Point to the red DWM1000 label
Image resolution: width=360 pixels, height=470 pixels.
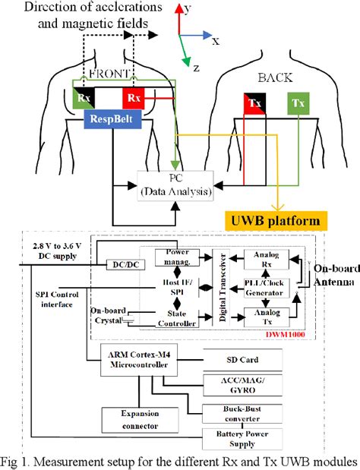[x=283, y=331]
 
